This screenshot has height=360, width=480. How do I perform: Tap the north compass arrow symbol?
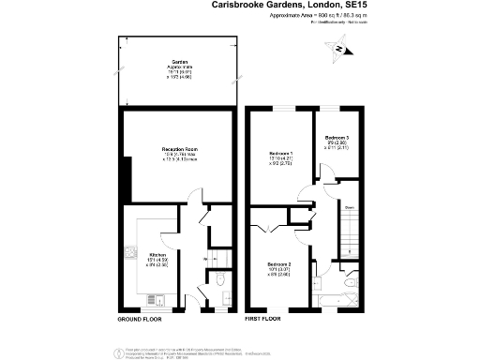tap(343, 53)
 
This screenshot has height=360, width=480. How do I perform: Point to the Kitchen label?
tap(157, 254)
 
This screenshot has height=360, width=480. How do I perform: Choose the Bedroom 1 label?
tap(282, 153)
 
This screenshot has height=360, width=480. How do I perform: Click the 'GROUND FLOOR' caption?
tap(140, 320)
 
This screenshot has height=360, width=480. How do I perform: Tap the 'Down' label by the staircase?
tap(348, 208)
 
